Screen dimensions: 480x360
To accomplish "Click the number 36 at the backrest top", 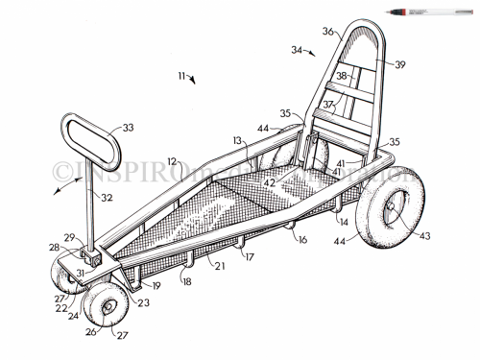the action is click(328, 32).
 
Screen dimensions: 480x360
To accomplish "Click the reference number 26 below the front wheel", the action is click(91, 333).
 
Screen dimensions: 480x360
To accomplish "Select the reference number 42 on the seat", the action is click(272, 180).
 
